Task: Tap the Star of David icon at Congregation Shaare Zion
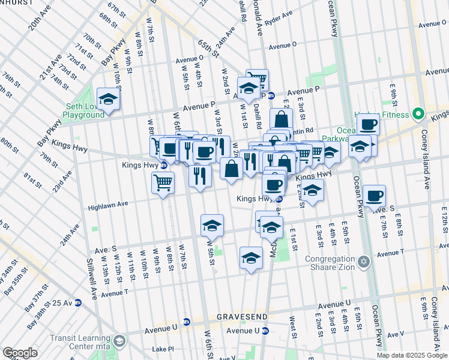point(363,262)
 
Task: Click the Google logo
point(20,353)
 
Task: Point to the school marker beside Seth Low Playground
point(108,99)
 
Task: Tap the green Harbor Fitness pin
point(418,114)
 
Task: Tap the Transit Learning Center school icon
point(119,342)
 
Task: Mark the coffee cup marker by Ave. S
point(374,196)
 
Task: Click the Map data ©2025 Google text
point(412,355)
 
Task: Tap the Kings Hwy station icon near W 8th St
point(164,165)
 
